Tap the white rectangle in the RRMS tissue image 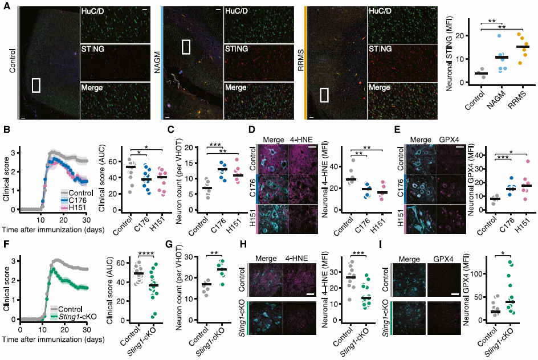coord(325,94)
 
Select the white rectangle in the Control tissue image coord(36,85)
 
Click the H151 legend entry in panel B coord(75,207)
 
